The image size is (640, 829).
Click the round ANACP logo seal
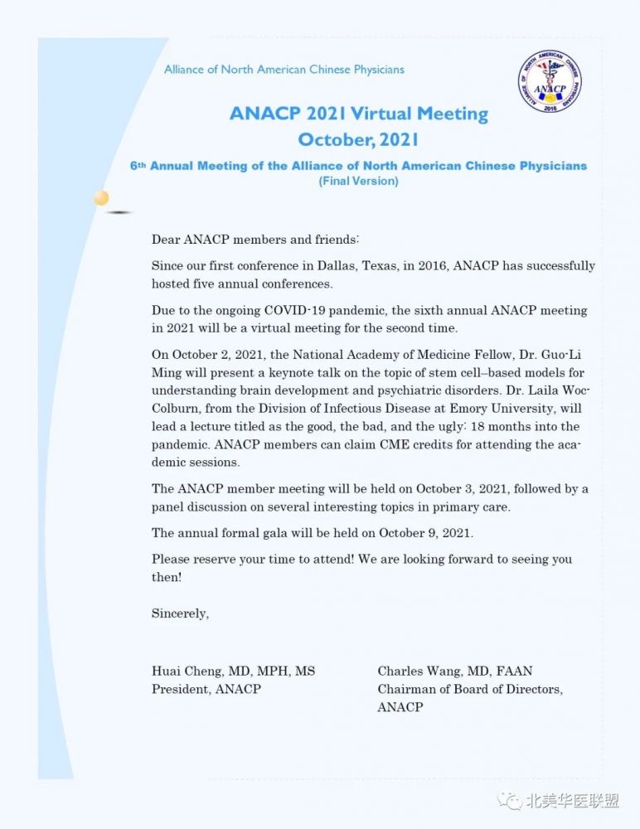550,84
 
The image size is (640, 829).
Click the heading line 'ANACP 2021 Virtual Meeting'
359,114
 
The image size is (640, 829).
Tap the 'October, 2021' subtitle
358,139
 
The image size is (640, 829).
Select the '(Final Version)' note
358,181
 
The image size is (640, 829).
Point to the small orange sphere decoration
101,197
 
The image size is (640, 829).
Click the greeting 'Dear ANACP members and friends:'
255,240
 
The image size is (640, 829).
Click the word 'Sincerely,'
180,613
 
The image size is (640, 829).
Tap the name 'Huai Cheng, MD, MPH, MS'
233,671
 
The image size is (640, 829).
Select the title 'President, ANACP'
206,689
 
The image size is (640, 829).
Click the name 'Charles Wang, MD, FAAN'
455,671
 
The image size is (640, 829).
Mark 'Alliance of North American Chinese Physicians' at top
284,70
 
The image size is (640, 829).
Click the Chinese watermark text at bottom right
573,802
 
